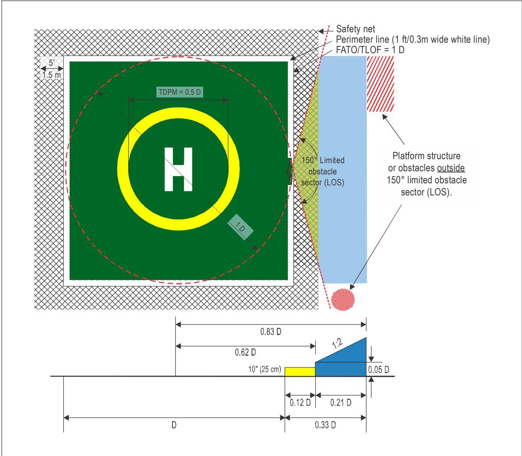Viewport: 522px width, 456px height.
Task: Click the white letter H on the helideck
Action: pos(178,169)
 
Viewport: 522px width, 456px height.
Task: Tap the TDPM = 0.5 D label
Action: pos(180,92)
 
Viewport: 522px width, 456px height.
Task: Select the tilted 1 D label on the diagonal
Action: pos(240,227)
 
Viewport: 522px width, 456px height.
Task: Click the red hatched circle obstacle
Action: pos(343,299)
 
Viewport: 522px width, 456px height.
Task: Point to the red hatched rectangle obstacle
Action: pos(380,84)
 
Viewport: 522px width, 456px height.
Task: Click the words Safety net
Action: pos(356,29)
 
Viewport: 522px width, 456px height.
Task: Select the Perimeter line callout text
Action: pos(412,39)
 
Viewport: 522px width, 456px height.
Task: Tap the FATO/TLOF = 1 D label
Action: pos(370,50)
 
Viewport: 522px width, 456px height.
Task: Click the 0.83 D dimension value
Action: pos(271,332)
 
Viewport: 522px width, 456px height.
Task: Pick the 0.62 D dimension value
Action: pos(245,352)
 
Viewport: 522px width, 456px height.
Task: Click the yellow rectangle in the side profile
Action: pos(300,372)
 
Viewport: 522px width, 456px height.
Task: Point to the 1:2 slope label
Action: pos(337,344)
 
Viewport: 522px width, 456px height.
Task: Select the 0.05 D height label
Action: pos(379,369)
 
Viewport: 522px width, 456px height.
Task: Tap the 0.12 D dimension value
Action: pos(300,403)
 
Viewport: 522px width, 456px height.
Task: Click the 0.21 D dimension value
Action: pos(341,403)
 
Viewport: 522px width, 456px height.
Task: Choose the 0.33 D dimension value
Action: pos(325,425)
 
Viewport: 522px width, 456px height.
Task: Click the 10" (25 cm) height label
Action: pos(264,369)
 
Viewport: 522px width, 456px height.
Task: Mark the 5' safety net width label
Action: pos(52,63)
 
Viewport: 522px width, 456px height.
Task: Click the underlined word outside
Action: pos(451,168)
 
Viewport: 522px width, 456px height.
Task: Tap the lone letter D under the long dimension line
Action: pos(174,425)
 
